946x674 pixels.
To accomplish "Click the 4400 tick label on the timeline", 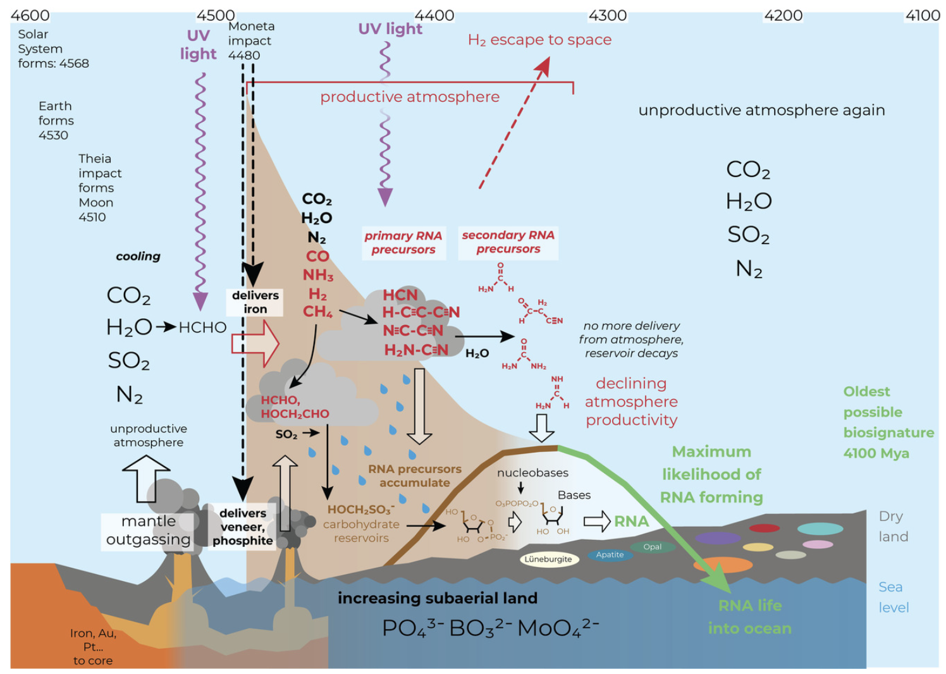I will (434, 15).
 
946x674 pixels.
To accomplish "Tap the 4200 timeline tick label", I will (783, 15).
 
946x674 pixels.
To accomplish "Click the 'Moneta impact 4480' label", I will (251, 40).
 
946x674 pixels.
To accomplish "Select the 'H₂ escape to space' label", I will (539, 40).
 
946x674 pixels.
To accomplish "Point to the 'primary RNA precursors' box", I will (403, 243).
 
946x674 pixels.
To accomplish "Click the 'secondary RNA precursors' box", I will (508, 242).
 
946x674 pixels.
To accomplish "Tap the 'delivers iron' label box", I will (255, 302).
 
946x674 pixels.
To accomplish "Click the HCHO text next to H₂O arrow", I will (202, 328).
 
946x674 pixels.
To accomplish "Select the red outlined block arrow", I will (255, 343).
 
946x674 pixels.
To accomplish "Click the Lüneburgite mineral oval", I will (548, 559).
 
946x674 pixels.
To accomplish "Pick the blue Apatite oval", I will (610, 555).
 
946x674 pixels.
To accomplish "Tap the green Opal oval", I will (652, 547).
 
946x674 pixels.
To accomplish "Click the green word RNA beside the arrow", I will (631, 521).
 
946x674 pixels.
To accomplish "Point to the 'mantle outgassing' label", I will (148, 530).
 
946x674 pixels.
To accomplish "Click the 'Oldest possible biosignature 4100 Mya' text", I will (888, 422).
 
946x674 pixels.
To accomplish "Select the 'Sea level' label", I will (893, 597).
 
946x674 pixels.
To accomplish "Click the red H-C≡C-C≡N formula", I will (421, 312).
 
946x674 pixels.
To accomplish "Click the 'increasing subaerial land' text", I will (437, 598).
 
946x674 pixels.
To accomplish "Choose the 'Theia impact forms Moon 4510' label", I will (99, 188).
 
